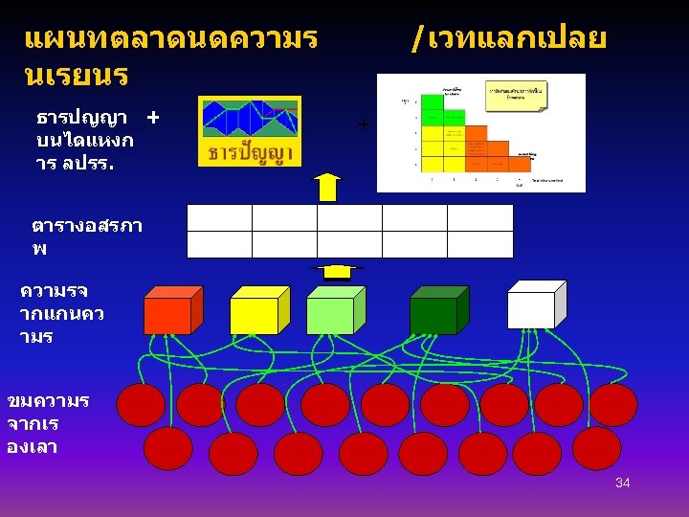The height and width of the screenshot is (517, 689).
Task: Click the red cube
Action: point(167,314)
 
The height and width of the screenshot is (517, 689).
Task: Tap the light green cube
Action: point(330,314)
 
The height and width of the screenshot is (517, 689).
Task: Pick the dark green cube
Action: point(433,314)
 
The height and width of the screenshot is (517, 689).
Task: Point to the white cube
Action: point(531,309)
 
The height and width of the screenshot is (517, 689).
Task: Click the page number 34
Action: point(622,483)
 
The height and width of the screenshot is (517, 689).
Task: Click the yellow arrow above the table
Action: point(328,188)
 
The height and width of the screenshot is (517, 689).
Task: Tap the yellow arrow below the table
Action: point(336,270)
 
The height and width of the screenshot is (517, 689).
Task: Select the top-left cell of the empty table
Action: point(219,218)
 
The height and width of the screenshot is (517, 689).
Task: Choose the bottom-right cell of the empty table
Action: point(479,245)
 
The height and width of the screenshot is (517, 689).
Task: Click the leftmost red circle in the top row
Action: point(141,405)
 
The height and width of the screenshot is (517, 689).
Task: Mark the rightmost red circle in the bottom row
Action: point(596,448)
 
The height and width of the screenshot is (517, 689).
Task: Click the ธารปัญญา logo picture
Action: point(250,131)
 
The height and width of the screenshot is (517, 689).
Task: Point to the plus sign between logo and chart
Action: point(363,124)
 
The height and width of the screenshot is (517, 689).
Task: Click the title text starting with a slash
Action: point(507,39)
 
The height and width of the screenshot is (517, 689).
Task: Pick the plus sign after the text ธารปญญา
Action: point(152,117)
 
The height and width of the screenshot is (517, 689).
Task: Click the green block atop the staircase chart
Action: point(433,102)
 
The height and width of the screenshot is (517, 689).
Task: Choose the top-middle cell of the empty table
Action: point(349,218)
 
